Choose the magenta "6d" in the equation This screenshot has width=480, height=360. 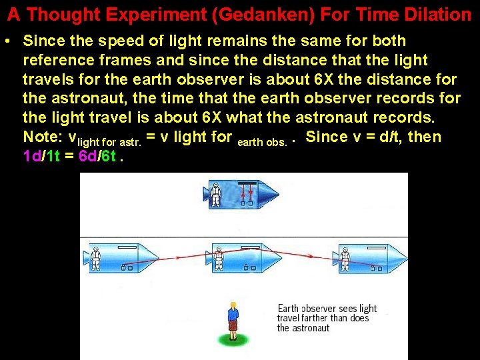[87, 157]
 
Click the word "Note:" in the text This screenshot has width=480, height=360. [43, 137]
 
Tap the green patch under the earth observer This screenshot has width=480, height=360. [232, 340]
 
